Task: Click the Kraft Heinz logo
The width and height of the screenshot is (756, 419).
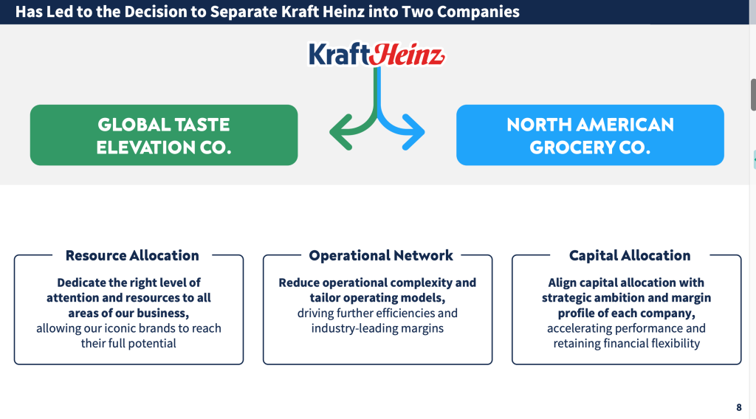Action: point(377,54)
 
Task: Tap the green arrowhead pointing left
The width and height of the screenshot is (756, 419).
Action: point(340,132)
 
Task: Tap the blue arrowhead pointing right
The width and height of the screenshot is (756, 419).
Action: point(413,132)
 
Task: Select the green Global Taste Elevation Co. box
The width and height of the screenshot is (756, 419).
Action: point(164,135)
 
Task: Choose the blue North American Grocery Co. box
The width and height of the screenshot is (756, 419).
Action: point(590,135)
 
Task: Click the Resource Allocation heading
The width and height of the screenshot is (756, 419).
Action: point(132,255)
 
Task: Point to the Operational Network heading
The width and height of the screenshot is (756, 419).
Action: point(381,255)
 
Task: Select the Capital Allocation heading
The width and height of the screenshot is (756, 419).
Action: point(630,255)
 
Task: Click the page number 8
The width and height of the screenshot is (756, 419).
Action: point(738,407)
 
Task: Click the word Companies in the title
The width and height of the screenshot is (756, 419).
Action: point(478,12)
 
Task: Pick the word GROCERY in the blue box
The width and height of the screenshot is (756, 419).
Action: point(571,148)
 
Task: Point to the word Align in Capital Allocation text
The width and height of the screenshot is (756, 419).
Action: point(562,283)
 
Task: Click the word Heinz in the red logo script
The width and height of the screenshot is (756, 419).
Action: point(408,55)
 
